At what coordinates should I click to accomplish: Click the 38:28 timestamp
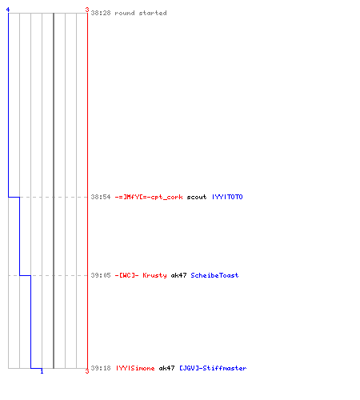click(101, 13)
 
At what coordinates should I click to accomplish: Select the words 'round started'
click(141, 13)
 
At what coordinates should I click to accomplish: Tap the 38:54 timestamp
click(101, 197)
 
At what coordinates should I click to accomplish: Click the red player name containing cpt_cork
click(149, 197)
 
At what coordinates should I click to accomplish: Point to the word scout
click(197, 197)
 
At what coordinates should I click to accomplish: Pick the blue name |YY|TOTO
click(227, 197)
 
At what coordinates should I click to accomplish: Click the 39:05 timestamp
click(101, 275)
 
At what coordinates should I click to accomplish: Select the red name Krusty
click(154, 275)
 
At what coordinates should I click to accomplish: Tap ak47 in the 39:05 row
click(178, 275)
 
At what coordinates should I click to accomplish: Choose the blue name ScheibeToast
click(214, 275)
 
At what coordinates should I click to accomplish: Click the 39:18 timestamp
click(101, 368)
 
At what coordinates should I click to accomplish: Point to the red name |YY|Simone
click(135, 368)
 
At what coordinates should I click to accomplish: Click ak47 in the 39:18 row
click(166, 368)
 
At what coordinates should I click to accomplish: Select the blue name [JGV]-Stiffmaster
click(213, 368)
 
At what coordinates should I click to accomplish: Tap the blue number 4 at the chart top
click(8, 10)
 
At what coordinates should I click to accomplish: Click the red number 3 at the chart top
click(87, 10)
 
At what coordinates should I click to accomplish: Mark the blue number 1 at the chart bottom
click(42, 371)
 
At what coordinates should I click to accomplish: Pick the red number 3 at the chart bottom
click(87, 371)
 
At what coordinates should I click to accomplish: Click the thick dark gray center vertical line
click(54, 190)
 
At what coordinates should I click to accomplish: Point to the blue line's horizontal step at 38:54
click(14, 197)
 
